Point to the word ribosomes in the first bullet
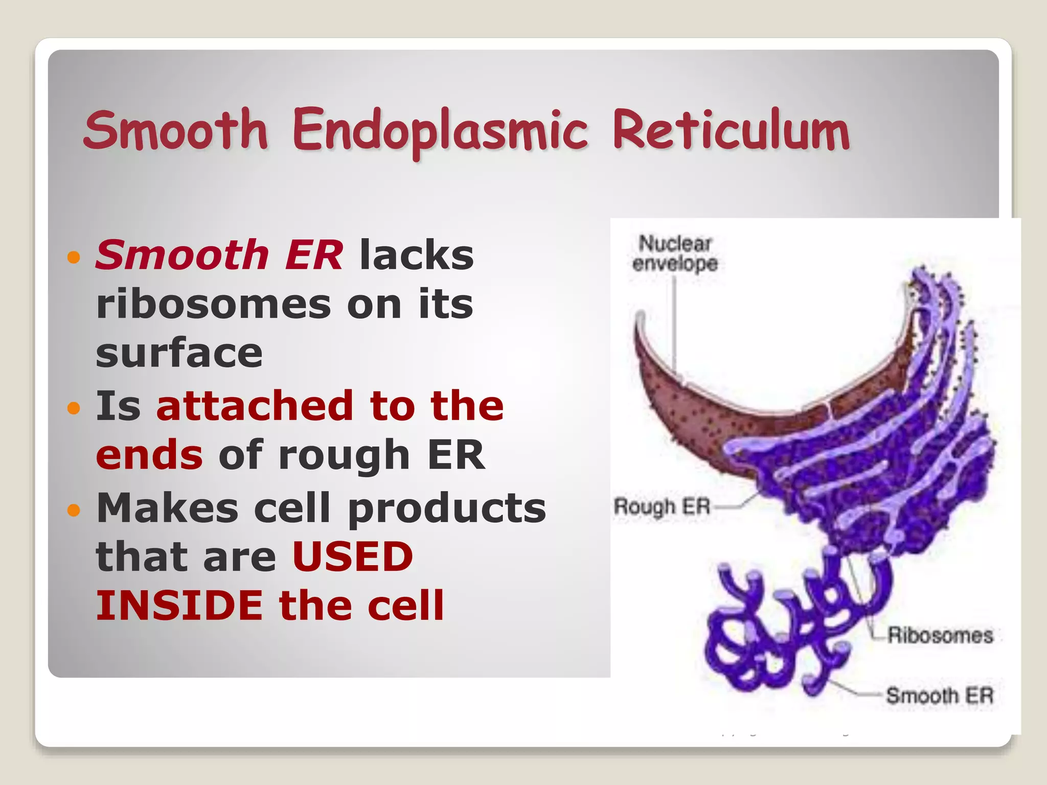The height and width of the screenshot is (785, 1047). click(213, 304)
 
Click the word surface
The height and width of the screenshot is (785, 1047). click(179, 353)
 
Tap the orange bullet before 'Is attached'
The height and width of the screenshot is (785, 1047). click(74, 407)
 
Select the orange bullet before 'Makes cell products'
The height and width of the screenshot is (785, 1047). click(74, 510)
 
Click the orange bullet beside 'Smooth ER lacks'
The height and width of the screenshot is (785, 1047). click(74, 257)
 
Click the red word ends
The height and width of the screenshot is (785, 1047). click(149, 454)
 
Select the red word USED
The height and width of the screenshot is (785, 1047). click(353, 557)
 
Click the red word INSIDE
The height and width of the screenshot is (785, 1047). click(179, 606)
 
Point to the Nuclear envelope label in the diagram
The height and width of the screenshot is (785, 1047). click(675, 253)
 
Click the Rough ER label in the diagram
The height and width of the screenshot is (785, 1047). click(662, 506)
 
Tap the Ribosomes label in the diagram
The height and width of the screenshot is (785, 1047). click(940, 635)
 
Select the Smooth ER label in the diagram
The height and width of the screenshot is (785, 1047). click(940, 696)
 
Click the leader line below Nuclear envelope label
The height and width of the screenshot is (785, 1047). click(674, 327)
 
